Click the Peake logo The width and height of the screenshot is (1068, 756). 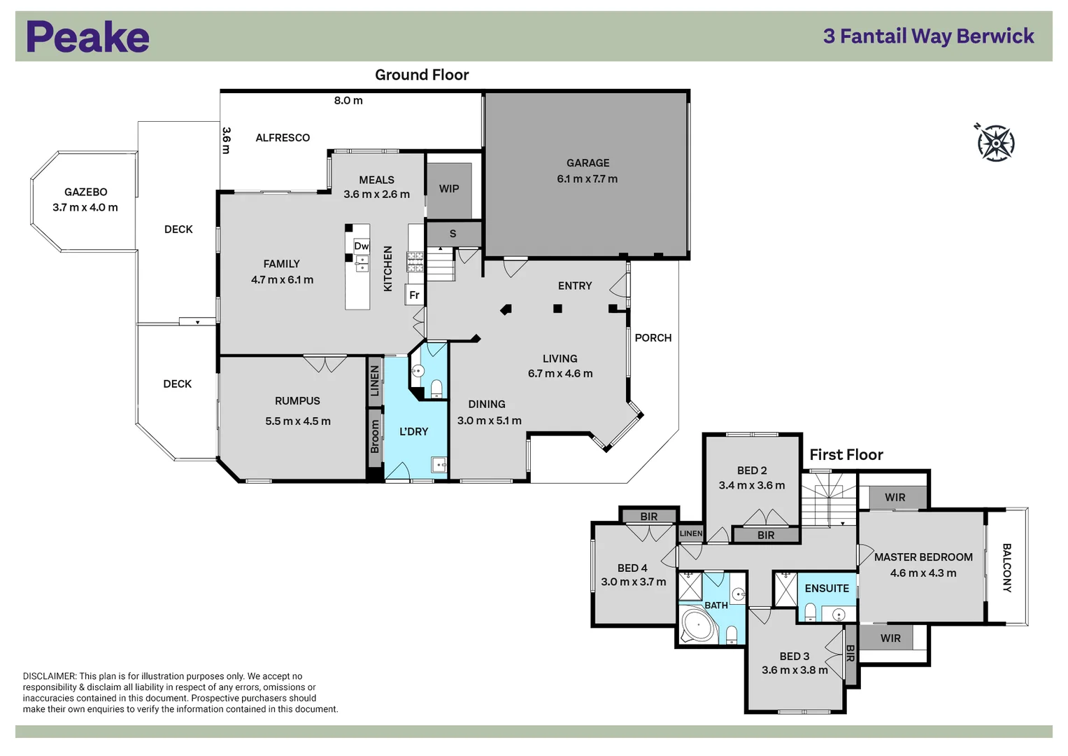point(87,37)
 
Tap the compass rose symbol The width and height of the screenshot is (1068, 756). point(995,143)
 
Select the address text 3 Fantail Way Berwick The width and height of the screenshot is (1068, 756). point(928,36)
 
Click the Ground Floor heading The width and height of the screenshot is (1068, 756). point(422,75)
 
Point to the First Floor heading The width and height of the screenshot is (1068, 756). point(846,455)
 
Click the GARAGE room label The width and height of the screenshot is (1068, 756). point(588,163)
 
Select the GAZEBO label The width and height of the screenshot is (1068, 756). point(85,192)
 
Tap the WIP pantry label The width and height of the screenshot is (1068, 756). point(449,189)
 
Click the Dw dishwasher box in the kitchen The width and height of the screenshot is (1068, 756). point(361,246)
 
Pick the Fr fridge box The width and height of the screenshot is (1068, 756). point(414,295)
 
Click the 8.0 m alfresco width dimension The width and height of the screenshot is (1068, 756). point(348,101)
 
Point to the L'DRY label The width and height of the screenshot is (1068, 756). point(413,432)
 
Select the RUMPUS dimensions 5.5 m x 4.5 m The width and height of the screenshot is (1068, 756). point(298,421)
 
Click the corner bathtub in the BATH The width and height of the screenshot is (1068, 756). point(698,626)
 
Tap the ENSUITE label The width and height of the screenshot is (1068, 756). point(827,589)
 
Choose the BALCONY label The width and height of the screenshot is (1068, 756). point(1006,568)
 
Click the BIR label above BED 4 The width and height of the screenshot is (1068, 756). point(649,517)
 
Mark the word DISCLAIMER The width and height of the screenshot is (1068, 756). point(49,676)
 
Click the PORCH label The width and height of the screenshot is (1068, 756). point(653,338)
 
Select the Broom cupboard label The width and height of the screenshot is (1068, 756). point(375,436)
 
